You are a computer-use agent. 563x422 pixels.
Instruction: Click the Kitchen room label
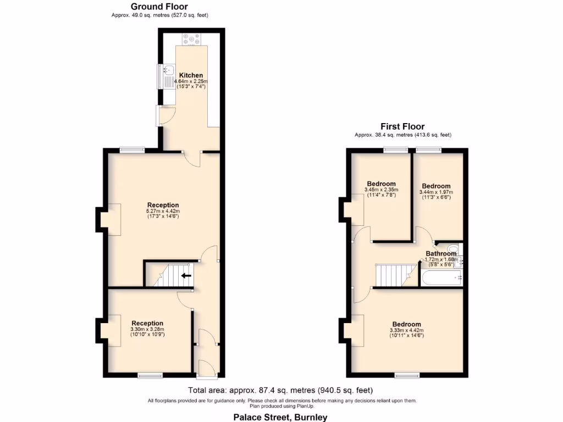(x=191, y=75)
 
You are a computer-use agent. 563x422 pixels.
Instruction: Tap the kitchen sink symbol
(x=168, y=70)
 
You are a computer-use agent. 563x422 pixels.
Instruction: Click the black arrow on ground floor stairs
(x=186, y=276)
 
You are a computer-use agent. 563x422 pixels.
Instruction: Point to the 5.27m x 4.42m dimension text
(x=163, y=211)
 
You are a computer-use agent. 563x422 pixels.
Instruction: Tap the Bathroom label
(x=441, y=254)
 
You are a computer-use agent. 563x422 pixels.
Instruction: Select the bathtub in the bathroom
(x=441, y=278)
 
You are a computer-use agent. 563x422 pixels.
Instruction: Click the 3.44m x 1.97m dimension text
(x=435, y=192)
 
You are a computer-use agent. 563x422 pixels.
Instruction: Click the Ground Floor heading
(x=159, y=7)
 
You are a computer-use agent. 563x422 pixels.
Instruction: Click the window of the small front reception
(x=150, y=376)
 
